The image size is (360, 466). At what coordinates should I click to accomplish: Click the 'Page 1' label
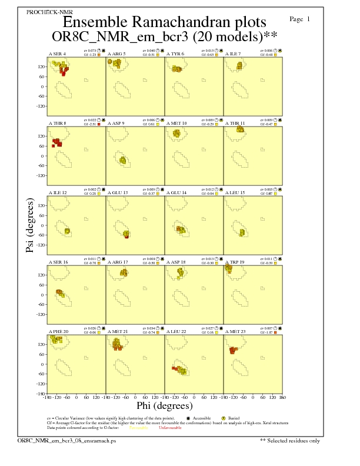tap(300, 19)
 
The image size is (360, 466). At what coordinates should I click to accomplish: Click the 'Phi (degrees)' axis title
tap(164, 405)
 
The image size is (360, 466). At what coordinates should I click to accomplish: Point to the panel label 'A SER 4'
tap(57, 54)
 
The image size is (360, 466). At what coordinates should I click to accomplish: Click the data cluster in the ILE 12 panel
tap(67, 231)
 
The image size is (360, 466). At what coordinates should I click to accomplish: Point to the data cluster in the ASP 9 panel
tap(122, 160)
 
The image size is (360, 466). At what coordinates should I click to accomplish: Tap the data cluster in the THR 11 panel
tap(239, 129)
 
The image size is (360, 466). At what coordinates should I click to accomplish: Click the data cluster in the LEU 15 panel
tap(242, 233)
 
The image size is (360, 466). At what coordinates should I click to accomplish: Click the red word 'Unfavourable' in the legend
tap(171, 428)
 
